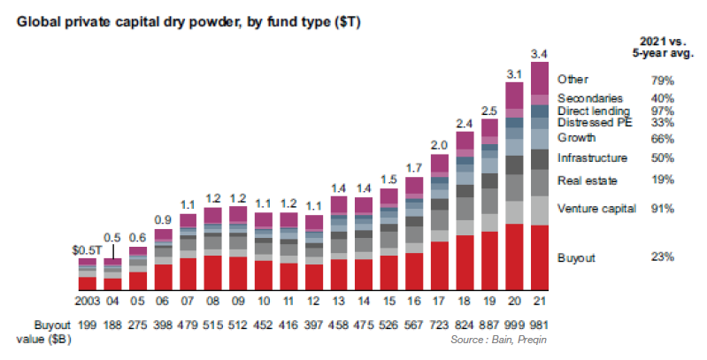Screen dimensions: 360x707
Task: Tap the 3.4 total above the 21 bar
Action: click(x=540, y=52)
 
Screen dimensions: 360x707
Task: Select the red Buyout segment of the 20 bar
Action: click(x=514, y=257)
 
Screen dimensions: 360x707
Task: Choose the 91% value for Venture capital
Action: click(x=662, y=209)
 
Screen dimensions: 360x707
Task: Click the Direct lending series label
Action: click(x=594, y=111)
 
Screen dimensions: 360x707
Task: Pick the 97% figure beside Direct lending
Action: click(x=662, y=111)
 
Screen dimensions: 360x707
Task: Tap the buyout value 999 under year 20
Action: click(x=514, y=326)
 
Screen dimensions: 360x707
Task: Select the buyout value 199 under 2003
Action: click(x=88, y=326)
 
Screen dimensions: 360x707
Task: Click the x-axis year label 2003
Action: click(x=87, y=301)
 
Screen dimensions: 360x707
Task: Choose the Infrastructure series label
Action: click(x=593, y=157)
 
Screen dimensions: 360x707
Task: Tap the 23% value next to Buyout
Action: click(x=662, y=257)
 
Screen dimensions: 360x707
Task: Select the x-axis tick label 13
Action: click(x=339, y=301)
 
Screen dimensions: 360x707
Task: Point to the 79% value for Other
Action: click(x=662, y=80)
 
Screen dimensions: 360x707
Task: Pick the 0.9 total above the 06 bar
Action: click(x=163, y=220)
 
